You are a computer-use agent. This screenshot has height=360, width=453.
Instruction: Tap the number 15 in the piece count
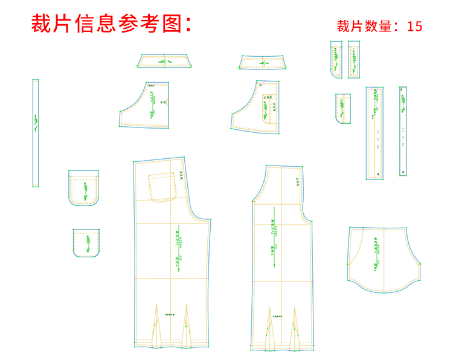(x=415, y=26)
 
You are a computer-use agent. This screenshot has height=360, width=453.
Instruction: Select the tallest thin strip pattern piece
(x=36, y=133)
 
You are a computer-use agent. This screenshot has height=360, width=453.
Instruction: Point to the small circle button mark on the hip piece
(x=261, y=86)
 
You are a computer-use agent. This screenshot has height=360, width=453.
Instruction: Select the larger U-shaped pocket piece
(x=83, y=188)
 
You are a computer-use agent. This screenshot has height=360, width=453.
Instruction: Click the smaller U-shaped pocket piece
(x=86, y=242)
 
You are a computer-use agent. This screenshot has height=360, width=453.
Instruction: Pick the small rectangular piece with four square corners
(x=343, y=109)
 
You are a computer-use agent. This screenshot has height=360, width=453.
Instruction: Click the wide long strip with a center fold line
(x=374, y=133)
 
